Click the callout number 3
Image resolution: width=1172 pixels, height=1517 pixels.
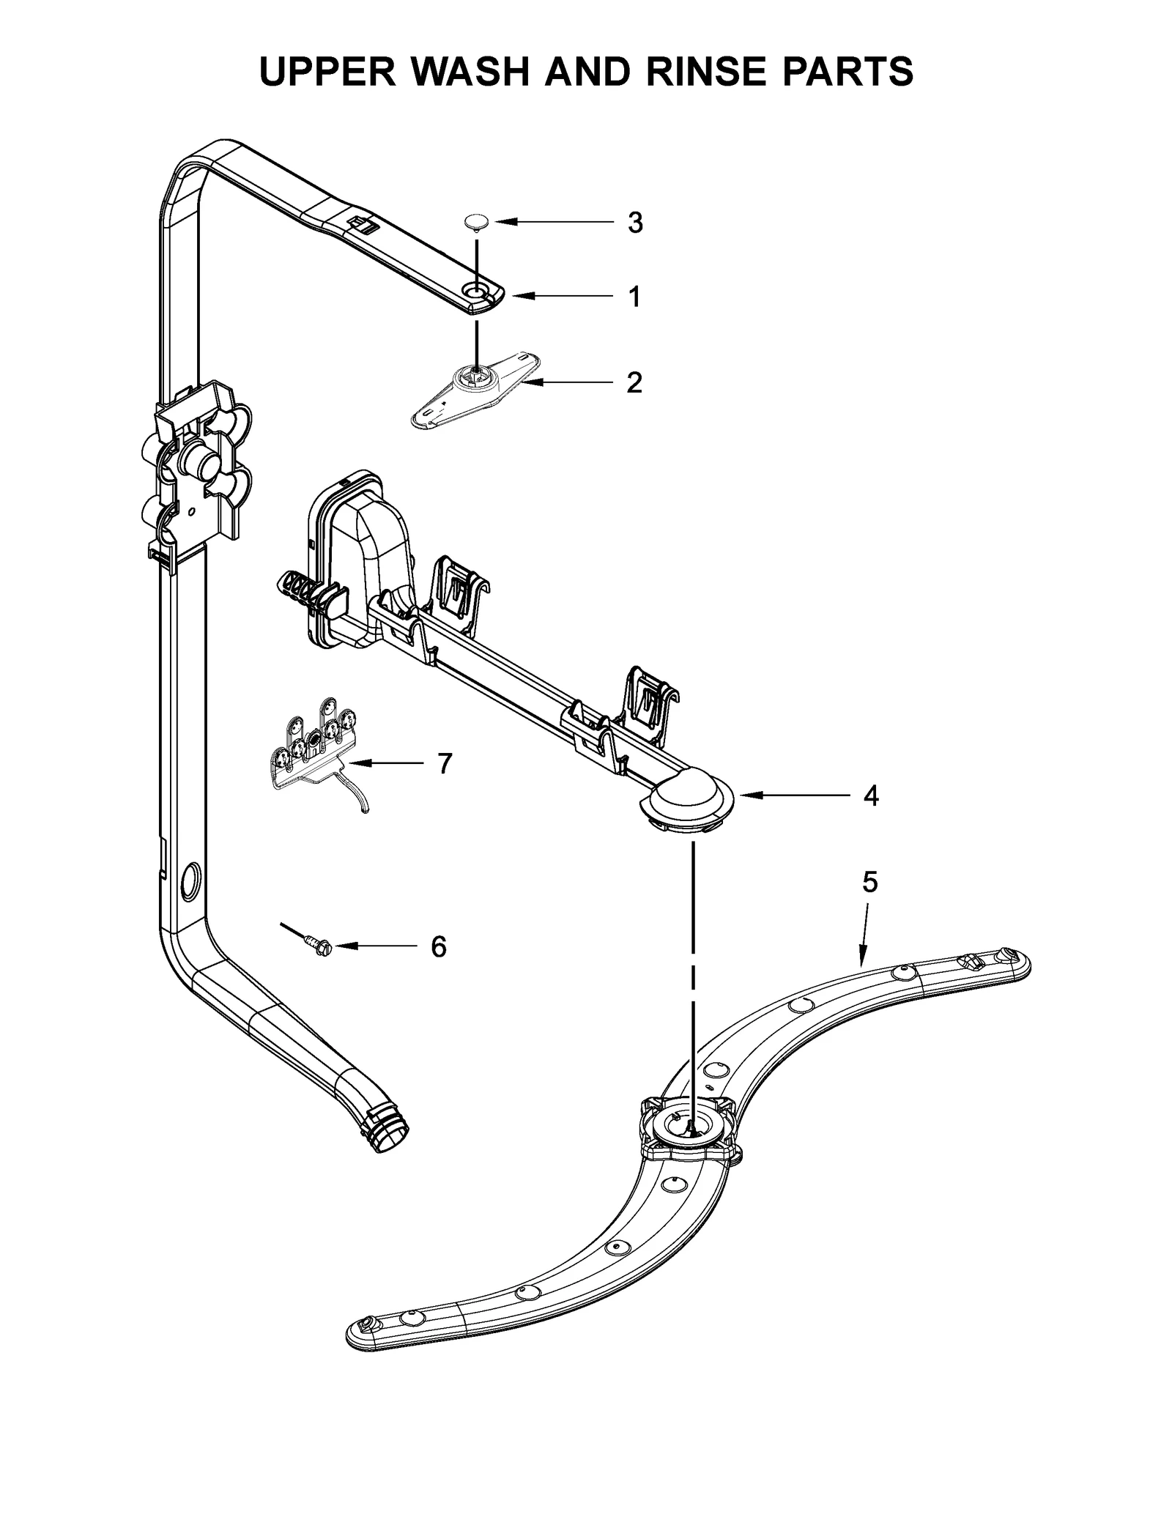click(634, 222)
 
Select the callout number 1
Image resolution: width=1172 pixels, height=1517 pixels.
click(634, 297)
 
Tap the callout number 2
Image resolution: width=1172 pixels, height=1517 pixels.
click(634, 382)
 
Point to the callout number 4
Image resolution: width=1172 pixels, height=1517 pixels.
click(870, 795)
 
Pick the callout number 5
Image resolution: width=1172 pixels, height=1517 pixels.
click(869, 883)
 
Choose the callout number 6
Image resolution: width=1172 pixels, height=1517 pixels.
click(438, 947)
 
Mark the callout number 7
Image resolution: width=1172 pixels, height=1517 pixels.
click(445, 763)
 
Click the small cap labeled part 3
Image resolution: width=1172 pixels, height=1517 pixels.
click(477, 222)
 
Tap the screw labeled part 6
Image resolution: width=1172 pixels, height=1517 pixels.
click(320, 945)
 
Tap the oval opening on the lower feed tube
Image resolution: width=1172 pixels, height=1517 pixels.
click(192, 879)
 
